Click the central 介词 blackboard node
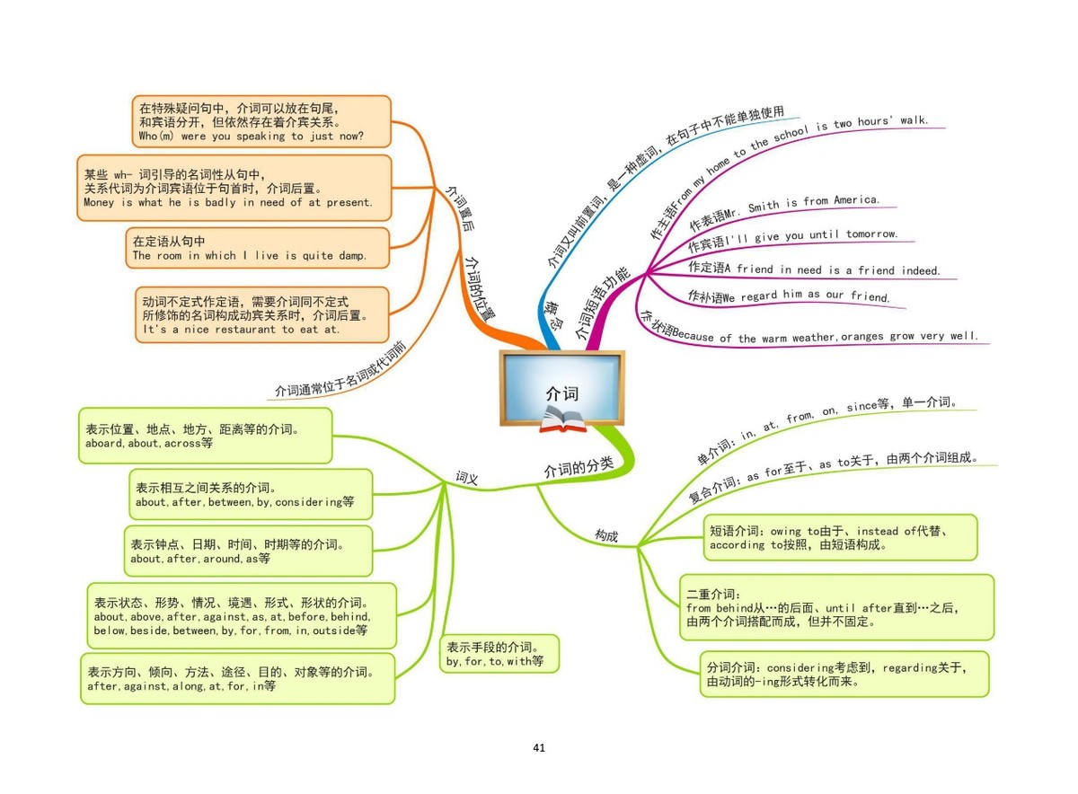561,388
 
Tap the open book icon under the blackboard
562,419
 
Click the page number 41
539,747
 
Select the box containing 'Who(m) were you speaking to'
261,121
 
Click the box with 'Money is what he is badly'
234,188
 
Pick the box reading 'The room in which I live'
259,248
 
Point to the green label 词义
467,478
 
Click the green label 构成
606,535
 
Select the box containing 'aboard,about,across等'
205,436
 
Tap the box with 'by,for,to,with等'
499,654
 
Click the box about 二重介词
836,607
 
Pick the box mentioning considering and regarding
844,674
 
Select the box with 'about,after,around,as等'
247,551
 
